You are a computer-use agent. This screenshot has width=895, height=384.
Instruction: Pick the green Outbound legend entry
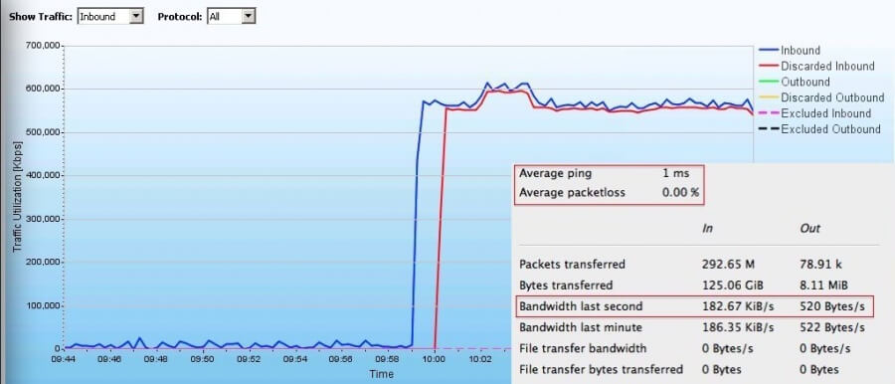point(805,82)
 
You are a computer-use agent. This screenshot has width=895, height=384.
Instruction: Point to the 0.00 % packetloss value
point(681,192)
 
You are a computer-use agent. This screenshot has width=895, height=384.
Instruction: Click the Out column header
point(809,229)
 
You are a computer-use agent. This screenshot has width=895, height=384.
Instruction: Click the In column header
point(707,229)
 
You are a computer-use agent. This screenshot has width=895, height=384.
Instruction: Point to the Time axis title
point(382,374)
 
